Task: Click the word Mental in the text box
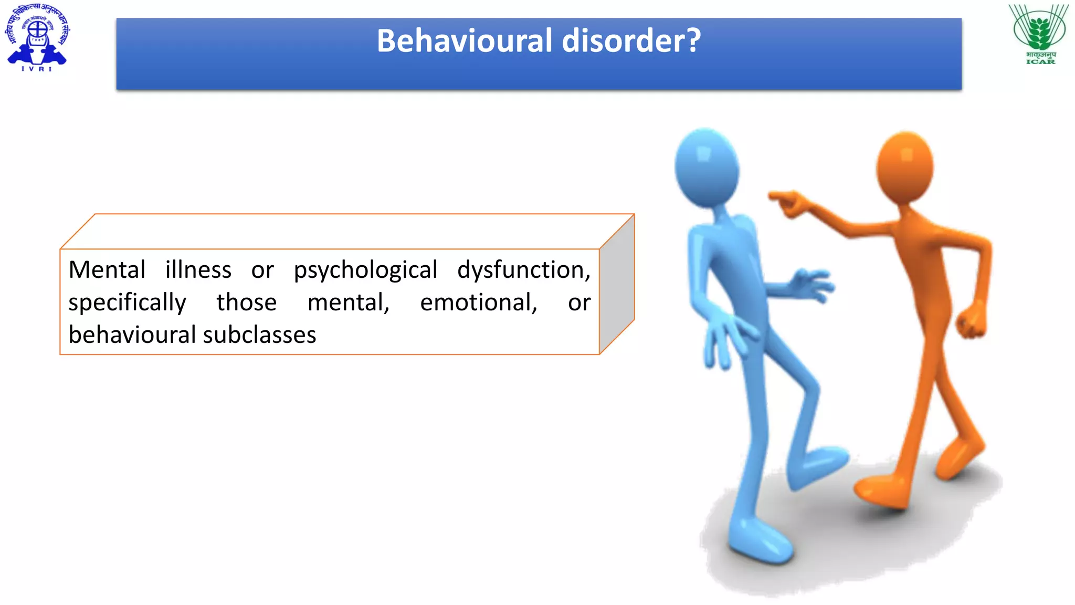tap(107, 270)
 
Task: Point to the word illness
tap(198, 270)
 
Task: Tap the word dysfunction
tap(523, 270)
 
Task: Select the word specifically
tap(127, 303)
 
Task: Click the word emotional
tap(478, 302)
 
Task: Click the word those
tap(246, 302)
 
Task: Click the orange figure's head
tap(905, 167)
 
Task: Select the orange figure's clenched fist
tap(971, 321)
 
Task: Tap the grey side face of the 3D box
tap(617, 284)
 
